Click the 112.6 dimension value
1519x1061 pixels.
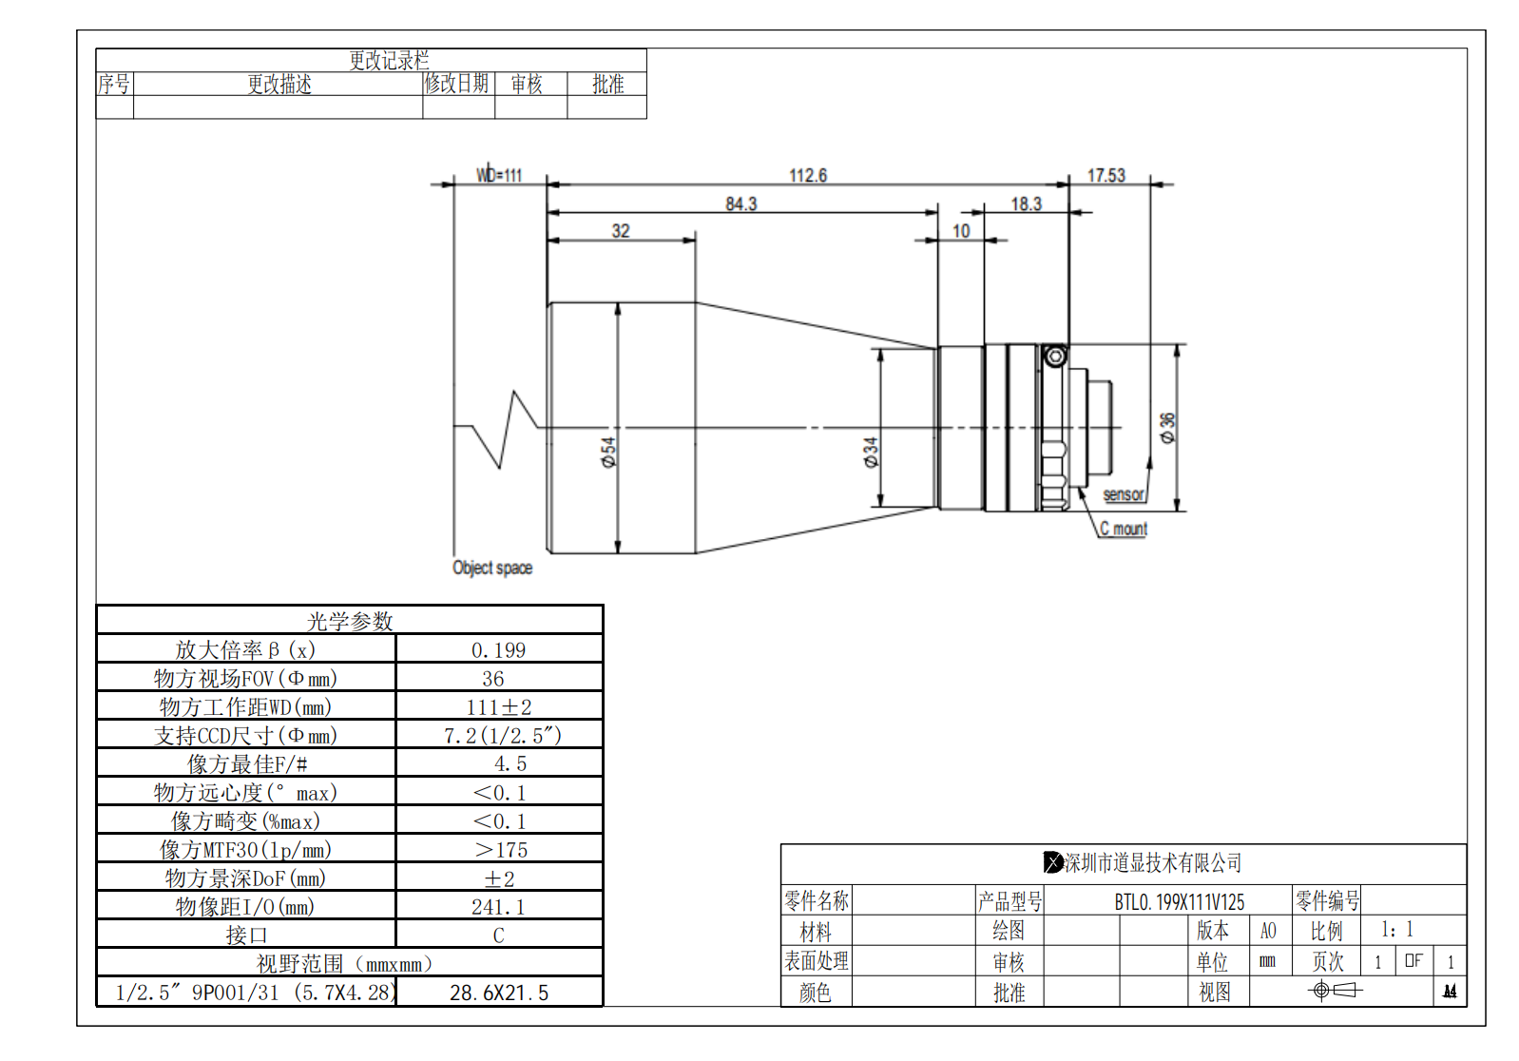808,176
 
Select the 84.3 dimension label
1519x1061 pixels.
741,204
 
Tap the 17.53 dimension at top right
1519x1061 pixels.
1106,176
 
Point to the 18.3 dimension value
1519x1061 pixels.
1027,204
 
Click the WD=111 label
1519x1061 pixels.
499,175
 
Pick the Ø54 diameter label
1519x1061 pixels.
608,452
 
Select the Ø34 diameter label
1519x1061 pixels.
871,452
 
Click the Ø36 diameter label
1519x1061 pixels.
1167,427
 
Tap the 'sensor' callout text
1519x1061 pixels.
1124,494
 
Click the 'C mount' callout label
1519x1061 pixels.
1124,529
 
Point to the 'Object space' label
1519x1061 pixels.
492,568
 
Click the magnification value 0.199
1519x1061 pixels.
498,650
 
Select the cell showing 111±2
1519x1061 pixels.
498,707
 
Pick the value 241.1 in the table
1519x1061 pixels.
498,907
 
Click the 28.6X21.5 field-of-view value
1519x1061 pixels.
499,993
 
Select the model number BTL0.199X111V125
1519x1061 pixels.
1179,901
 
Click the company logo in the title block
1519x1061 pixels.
1053,862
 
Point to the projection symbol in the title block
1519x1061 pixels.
1335,991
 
